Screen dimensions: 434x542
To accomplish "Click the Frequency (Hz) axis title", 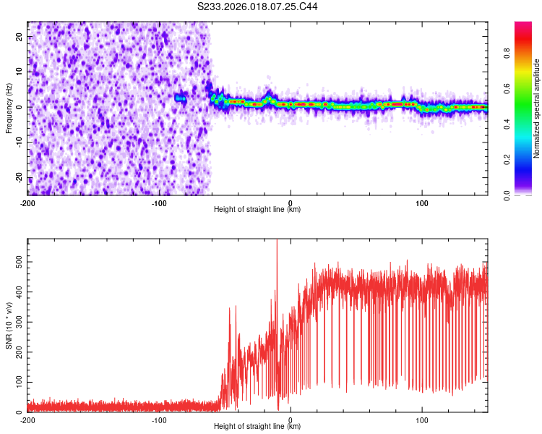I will (x=9, y=109).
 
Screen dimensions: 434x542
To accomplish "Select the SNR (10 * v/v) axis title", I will (x=9, y=325).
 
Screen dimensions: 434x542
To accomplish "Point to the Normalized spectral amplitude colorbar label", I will (x=537, y=109).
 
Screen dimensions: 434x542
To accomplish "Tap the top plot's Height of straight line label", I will (x=257, y=210).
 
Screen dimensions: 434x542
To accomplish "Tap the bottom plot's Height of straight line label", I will (x=257, y=427).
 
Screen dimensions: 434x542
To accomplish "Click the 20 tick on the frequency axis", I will (x=19, y=36).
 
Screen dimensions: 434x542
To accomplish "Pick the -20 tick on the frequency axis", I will (x=17, y=178).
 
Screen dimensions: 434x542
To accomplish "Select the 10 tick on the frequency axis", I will (x=19, y=72).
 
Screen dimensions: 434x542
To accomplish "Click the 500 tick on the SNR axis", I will (x=16, y=261).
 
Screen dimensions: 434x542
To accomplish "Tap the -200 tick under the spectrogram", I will (x=27, y=203).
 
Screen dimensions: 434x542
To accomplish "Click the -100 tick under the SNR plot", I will (x=159, y=420).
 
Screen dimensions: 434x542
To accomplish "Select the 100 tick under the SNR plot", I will (x=422, y=420).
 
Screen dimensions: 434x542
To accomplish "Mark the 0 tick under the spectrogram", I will (x=291, y=203).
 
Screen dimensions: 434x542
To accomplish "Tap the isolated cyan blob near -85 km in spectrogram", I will (x=181, y=97).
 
